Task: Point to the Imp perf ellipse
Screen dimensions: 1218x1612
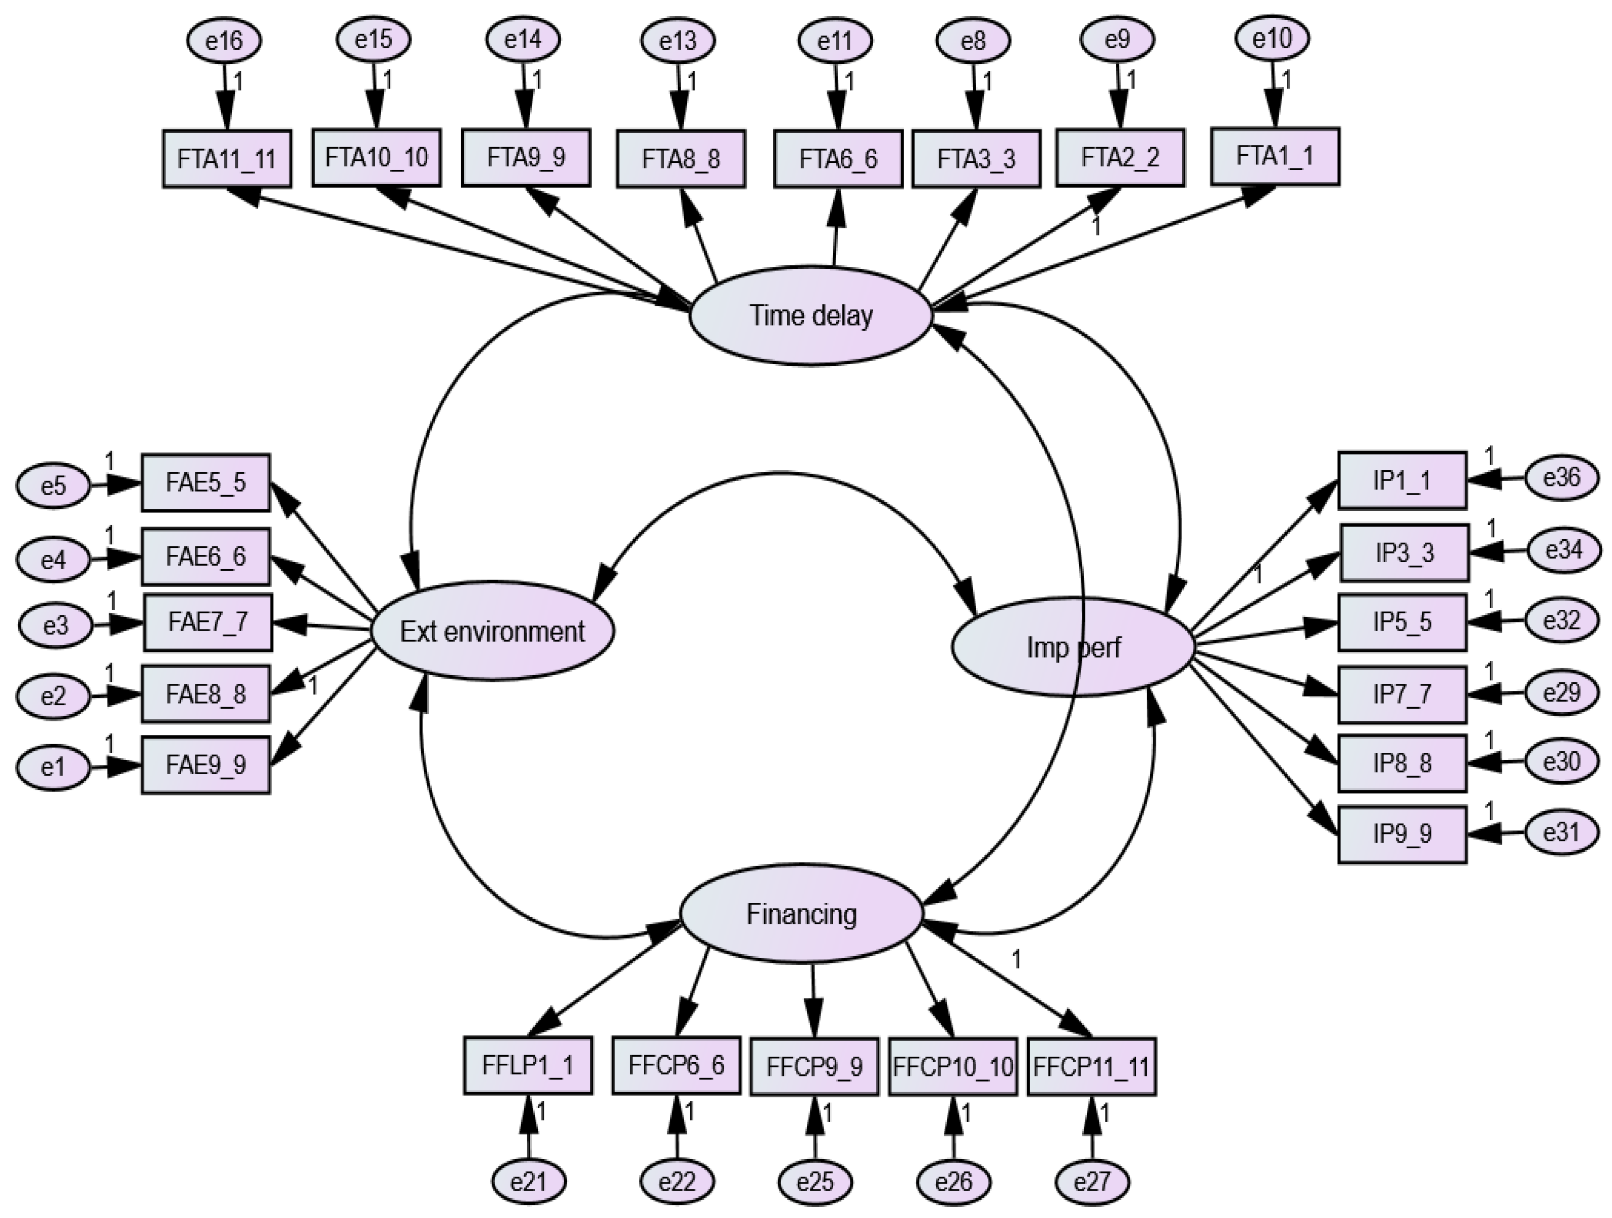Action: click(x=1073, y=647)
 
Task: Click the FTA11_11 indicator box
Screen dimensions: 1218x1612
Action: click(x=227, y=159)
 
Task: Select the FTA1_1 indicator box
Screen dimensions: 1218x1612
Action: click(x=1275, y=156)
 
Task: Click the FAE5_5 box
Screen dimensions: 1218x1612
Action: click(x=205, y=482)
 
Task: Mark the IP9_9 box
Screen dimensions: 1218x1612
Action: click(x=1401, y=834)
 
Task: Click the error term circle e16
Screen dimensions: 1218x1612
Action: click(x=224, y=41)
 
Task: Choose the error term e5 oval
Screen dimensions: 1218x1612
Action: click(x=54, y=485)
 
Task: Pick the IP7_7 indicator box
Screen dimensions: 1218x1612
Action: click(x=1401, y=693)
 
